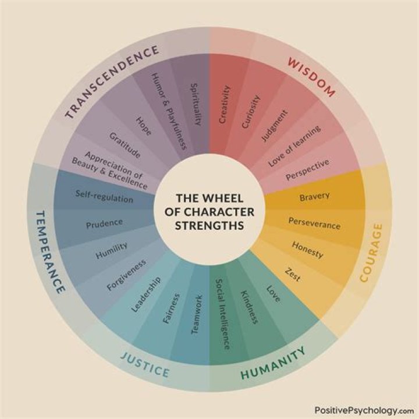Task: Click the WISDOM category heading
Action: (311, 77)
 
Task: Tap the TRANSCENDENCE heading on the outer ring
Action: (112, 81)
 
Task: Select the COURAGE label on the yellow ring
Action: (371, 253)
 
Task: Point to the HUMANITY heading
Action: (273, 363)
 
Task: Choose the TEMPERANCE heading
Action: (50, 252)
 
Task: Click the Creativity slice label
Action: (225, 104)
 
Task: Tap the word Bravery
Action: (314, 197)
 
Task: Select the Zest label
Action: (293, 274)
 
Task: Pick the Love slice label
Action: (274, 294)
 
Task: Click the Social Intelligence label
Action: (222, 314)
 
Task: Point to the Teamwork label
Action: (197, 314)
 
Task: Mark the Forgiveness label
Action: (126, 275)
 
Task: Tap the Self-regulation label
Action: (104, 197)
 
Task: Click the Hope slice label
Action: (144, 126)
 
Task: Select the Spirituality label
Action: (196, 105)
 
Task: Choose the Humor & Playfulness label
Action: (169, 112)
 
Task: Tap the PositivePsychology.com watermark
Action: (364, 410)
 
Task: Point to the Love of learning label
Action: (294, 146)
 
